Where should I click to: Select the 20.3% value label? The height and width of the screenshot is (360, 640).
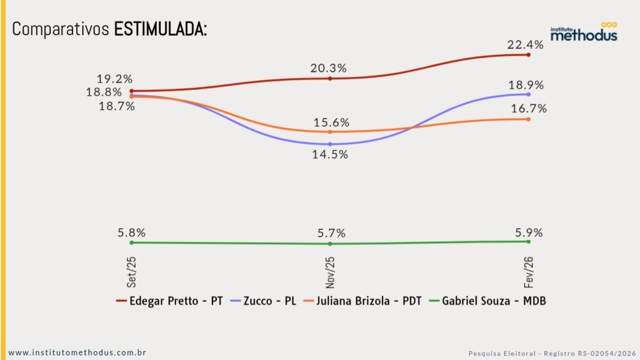(x=328, y=68)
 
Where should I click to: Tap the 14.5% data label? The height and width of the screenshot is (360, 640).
(x=330, y=154)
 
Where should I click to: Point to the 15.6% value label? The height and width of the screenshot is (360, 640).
(x=331, y=122)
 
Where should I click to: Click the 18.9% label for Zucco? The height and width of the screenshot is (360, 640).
(x=526, y=85)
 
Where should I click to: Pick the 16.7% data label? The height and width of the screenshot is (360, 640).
(x=529, y=108)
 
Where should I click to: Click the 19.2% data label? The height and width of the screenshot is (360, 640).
(x=115, y=79)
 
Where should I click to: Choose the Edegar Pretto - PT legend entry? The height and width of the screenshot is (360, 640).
(x=169, y=301)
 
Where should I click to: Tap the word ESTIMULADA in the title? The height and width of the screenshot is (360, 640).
(x=161, y=29)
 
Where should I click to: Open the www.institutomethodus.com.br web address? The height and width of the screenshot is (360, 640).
(x=77, y=352)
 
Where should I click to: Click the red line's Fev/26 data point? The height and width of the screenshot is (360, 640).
(x=529, y=55)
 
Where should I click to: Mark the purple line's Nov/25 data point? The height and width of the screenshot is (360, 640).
(x=330, y=144)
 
